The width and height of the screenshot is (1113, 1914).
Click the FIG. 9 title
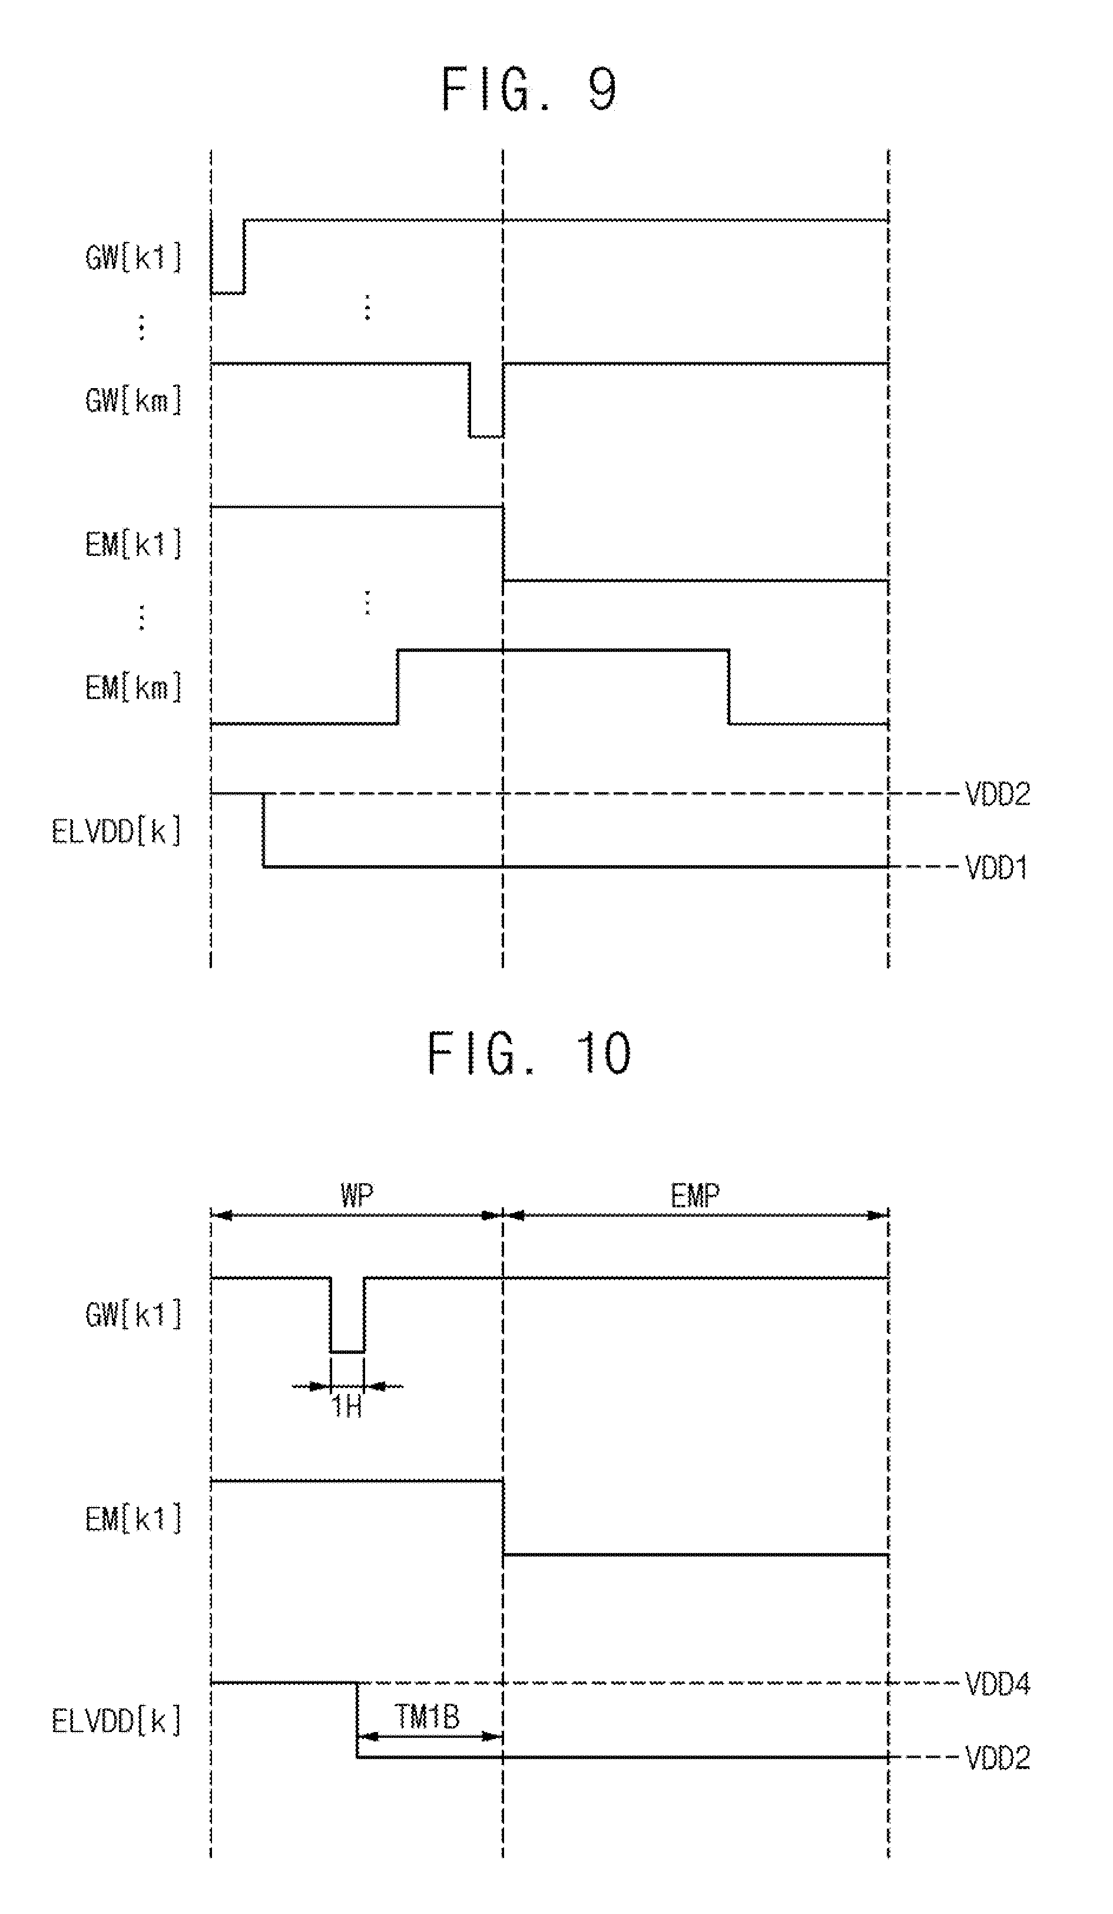point(529,90)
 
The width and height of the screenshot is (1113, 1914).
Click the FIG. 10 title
point(529,1054)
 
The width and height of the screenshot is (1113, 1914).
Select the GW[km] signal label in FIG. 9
point(134,400)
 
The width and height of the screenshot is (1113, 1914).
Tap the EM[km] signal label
point(134,688)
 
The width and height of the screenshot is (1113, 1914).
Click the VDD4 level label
point(998,1685)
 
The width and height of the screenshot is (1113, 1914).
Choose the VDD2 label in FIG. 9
point(998,794)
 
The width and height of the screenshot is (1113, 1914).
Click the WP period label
point(357,1195)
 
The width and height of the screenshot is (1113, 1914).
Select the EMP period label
point(695,1196)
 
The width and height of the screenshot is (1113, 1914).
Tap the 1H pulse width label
point(346,1406)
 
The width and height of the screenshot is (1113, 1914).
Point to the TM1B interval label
point(427,1717)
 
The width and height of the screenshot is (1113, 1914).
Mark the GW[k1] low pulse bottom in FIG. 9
point(228,293)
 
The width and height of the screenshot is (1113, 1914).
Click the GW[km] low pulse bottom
point(485,437)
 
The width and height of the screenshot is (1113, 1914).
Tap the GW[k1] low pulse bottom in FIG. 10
point(347,1352)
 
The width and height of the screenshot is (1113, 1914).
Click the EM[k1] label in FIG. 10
point(134,1519)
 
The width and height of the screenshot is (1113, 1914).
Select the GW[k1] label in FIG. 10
point(134,1314)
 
